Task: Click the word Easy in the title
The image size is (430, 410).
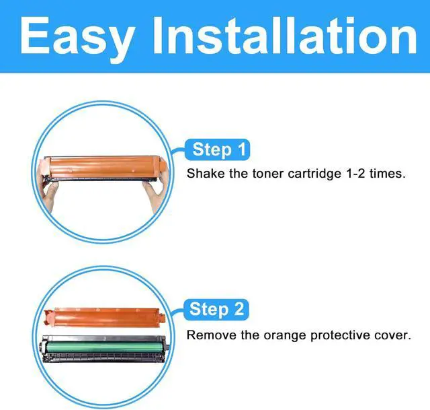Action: point(77,38)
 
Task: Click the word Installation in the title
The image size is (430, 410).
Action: point(284,35)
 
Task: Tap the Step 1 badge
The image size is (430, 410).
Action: point(218,149)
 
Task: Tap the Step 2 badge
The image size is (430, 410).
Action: point(216,310)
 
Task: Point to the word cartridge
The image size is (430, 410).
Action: point(314,174)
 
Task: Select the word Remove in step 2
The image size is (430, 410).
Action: point(212,335)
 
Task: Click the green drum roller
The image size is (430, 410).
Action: point(103,347)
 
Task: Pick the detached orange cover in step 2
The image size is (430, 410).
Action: point(105,317)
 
